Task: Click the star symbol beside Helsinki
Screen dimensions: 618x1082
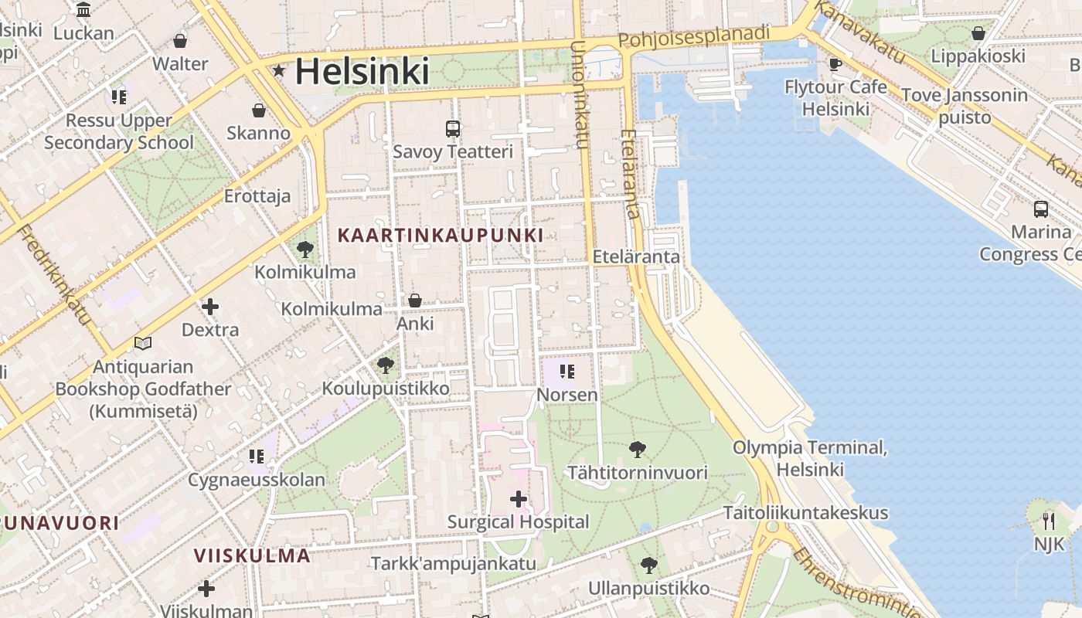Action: tap(279, 71)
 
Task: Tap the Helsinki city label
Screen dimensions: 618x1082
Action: tap(362, 71)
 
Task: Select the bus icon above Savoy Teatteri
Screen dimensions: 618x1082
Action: tap(453, 129)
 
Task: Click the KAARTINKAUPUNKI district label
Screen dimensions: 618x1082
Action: tap(440, 235)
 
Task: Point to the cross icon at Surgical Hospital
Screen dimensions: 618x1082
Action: tap(519, 499)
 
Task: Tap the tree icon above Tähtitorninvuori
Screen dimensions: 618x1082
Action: tap(638, 449)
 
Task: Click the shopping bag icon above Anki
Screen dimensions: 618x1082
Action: tap(415, 301)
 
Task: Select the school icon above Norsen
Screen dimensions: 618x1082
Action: tap(567, 372)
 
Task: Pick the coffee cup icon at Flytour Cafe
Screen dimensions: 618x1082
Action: tap(835, 64)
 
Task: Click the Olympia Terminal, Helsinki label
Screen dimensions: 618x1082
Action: tap(810, 458)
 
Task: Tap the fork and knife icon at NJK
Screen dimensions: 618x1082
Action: tap(1049, 521)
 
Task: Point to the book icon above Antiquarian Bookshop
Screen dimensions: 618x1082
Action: tap(143, 343)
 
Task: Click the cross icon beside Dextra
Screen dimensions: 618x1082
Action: tap(209, 307)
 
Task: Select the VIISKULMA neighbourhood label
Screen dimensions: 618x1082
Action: tap(252, 555)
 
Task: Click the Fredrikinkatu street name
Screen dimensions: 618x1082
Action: tap(53, 274)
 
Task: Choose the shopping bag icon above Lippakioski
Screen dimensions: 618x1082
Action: tap(978, 33)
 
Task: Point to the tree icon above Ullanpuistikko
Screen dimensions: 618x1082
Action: tap(649, 565)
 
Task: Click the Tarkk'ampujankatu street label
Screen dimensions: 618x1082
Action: tap(453, 563)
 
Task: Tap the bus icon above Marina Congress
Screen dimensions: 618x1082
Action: tap(1041, 209)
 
